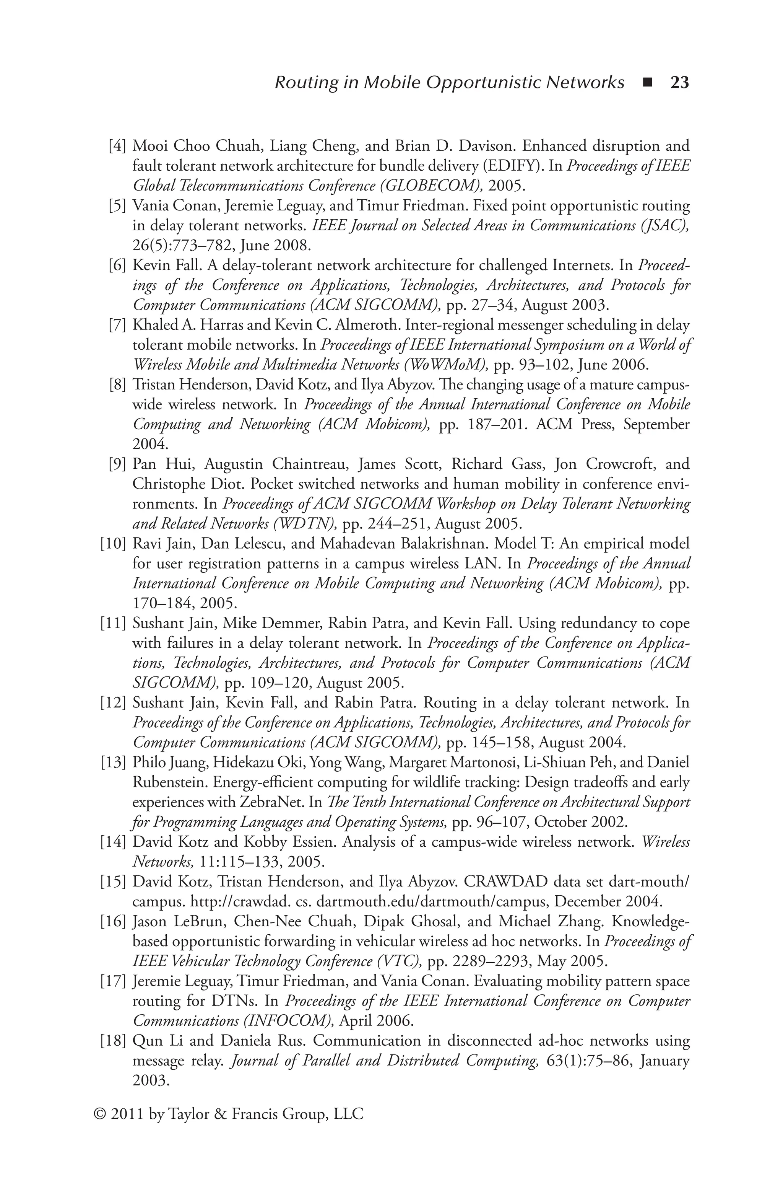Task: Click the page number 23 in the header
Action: click(679, 82)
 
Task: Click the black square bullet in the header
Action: click(648, 82)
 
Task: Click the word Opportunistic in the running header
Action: click(484, 82)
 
